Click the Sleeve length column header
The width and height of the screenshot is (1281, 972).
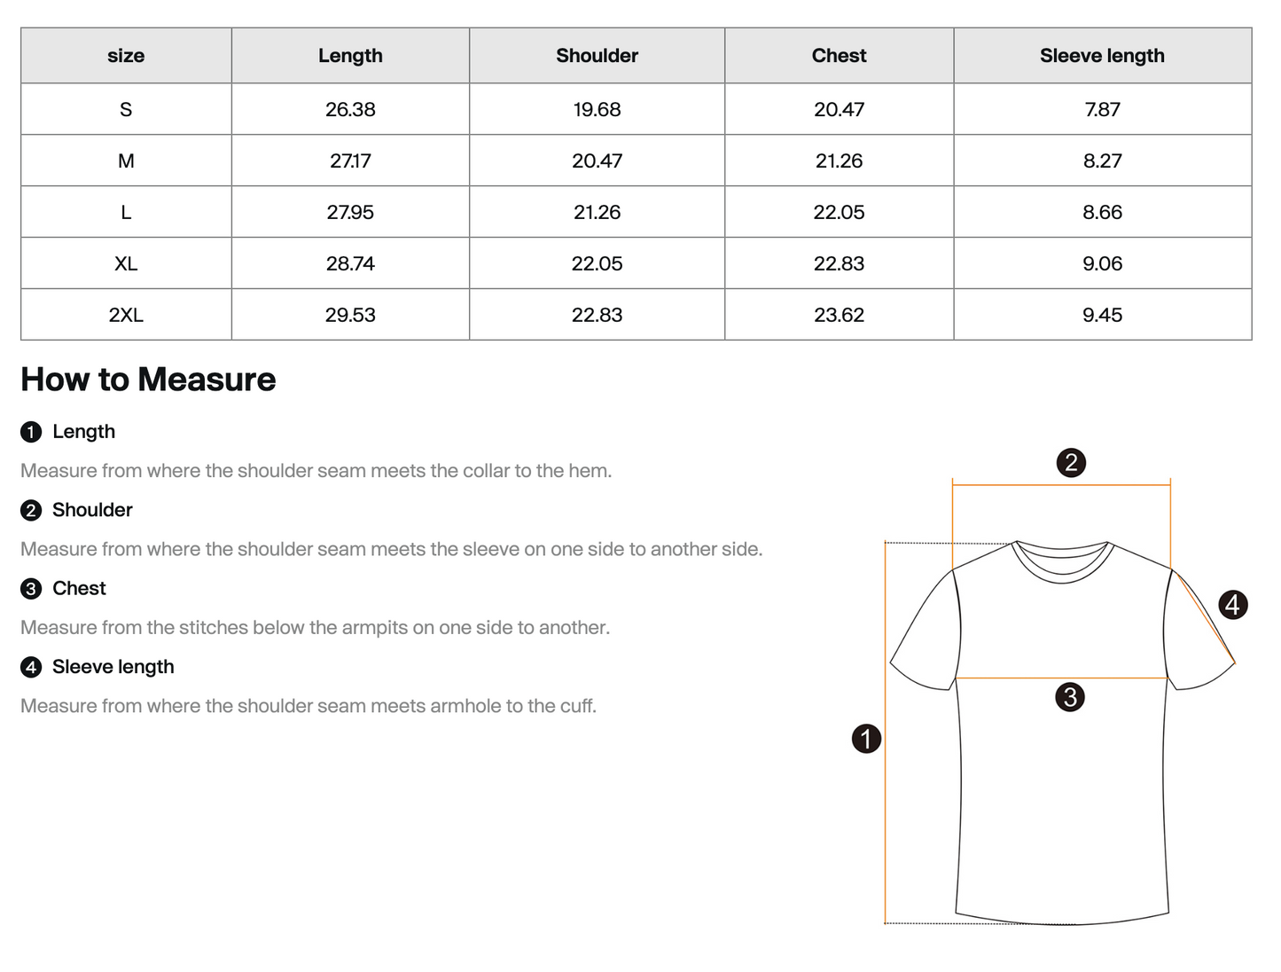pos(1102,56)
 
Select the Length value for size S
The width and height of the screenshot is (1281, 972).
pos(350,109)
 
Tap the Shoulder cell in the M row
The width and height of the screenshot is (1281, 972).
pos(597,161)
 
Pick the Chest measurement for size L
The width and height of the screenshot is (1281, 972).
pos(839,212)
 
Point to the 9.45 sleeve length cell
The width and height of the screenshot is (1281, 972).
pos(1102,315)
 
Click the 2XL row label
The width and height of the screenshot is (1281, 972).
pos(126,315)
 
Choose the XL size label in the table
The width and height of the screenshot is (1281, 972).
pos(126,263)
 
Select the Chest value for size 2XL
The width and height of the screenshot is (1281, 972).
pos(839,315)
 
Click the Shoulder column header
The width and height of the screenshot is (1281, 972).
pos(597,56)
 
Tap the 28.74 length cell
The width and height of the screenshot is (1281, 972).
pos(350,263)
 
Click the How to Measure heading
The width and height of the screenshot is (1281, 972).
pos(148,380)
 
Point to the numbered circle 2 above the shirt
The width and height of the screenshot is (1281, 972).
pos(1071,462)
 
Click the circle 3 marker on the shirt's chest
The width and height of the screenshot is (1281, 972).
pos(1070,697)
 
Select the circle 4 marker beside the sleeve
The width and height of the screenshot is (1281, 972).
pos(1232,605)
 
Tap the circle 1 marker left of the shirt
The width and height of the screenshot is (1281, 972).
pos(866,738)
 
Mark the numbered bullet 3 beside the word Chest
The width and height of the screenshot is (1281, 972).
pos(31,589)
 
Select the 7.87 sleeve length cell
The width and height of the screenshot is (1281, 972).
pos(1102,109)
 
